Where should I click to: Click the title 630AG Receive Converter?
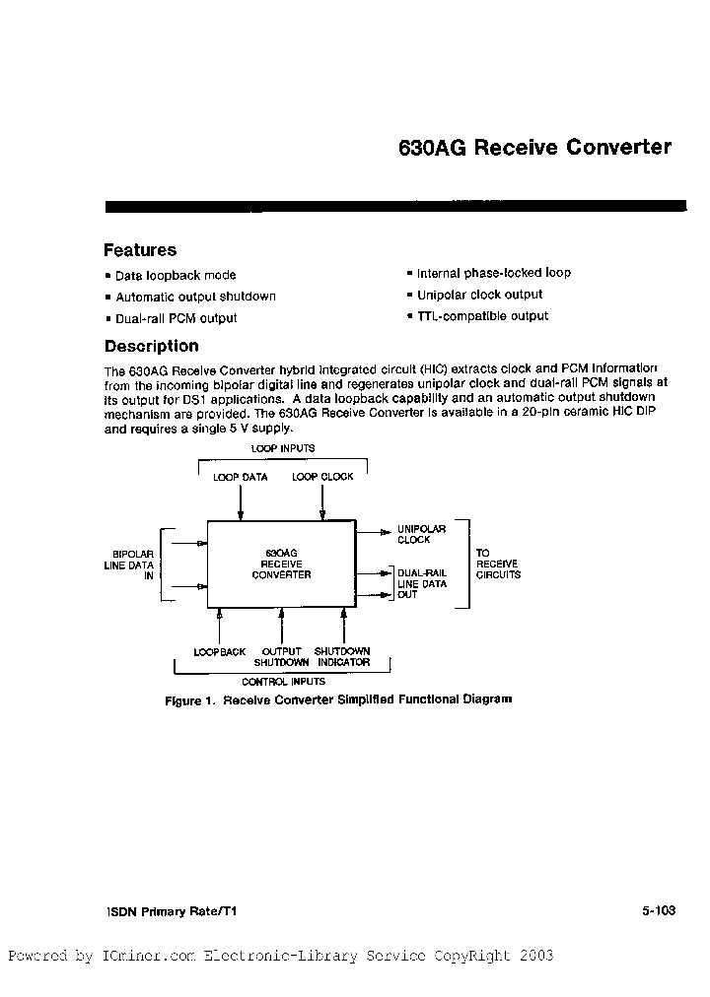tap(533, 148)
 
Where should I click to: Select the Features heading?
tap(140, 250)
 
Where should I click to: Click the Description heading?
tap(151, 346)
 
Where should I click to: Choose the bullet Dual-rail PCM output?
tap(176, 318)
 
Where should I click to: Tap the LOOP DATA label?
tap(241, 478)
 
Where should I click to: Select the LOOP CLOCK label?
tap(322, 478)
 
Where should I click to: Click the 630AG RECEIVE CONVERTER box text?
tap(281, 564)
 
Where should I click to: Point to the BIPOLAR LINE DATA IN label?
tap(129, 565)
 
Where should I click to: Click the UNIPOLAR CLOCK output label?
tap(421, 534)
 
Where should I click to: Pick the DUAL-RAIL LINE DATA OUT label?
tap(422, 583)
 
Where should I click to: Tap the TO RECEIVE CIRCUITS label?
tap(498, 564)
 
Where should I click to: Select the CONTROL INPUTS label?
tap(279, 681)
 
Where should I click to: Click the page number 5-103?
tap(657, 911)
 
